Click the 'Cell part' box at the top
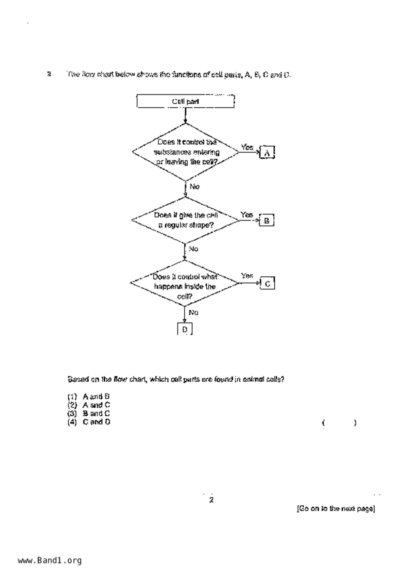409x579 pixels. (186, 101)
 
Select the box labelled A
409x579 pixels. (267, 153)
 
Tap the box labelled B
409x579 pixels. (267, 220)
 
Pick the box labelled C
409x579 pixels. (267, 284)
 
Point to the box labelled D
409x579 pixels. (185, 329)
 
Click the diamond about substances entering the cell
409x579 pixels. (186, 152)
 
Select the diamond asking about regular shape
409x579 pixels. (186, 220)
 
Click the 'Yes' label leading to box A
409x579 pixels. (247, 147)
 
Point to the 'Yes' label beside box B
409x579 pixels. (246, 215)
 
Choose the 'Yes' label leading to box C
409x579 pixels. (247, 276)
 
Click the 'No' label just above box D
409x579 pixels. (193, 312)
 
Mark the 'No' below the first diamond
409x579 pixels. (194, 187)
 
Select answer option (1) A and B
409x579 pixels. (88, 396)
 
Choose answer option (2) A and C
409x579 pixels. (89, 405)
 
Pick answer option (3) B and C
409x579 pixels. (89, 413)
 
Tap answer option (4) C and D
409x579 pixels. (89, 422)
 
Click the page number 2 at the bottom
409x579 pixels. (211, 500)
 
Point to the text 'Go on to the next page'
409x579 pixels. (336, 508)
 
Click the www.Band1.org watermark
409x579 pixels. (50, 561)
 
